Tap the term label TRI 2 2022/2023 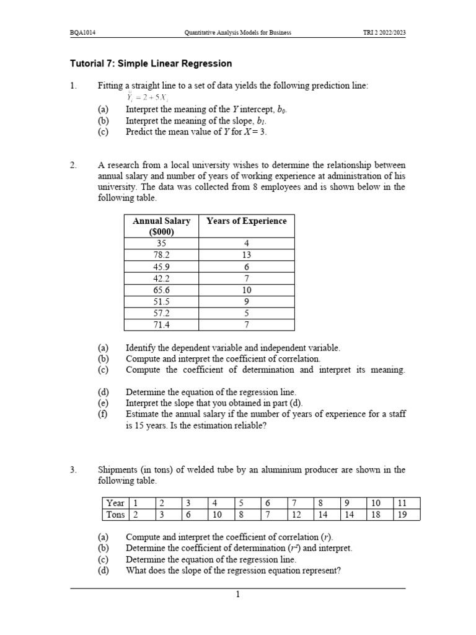384,32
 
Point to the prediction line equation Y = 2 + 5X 146,97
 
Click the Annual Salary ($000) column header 161,226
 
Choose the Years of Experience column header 246,221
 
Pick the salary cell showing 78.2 161,254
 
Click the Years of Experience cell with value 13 246,254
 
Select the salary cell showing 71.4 161,324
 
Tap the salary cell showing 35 161,243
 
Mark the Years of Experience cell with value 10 246,290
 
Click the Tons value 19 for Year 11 402,514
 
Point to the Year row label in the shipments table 115,503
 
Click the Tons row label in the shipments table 115,514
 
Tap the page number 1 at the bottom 237,595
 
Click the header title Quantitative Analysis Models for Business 238,32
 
